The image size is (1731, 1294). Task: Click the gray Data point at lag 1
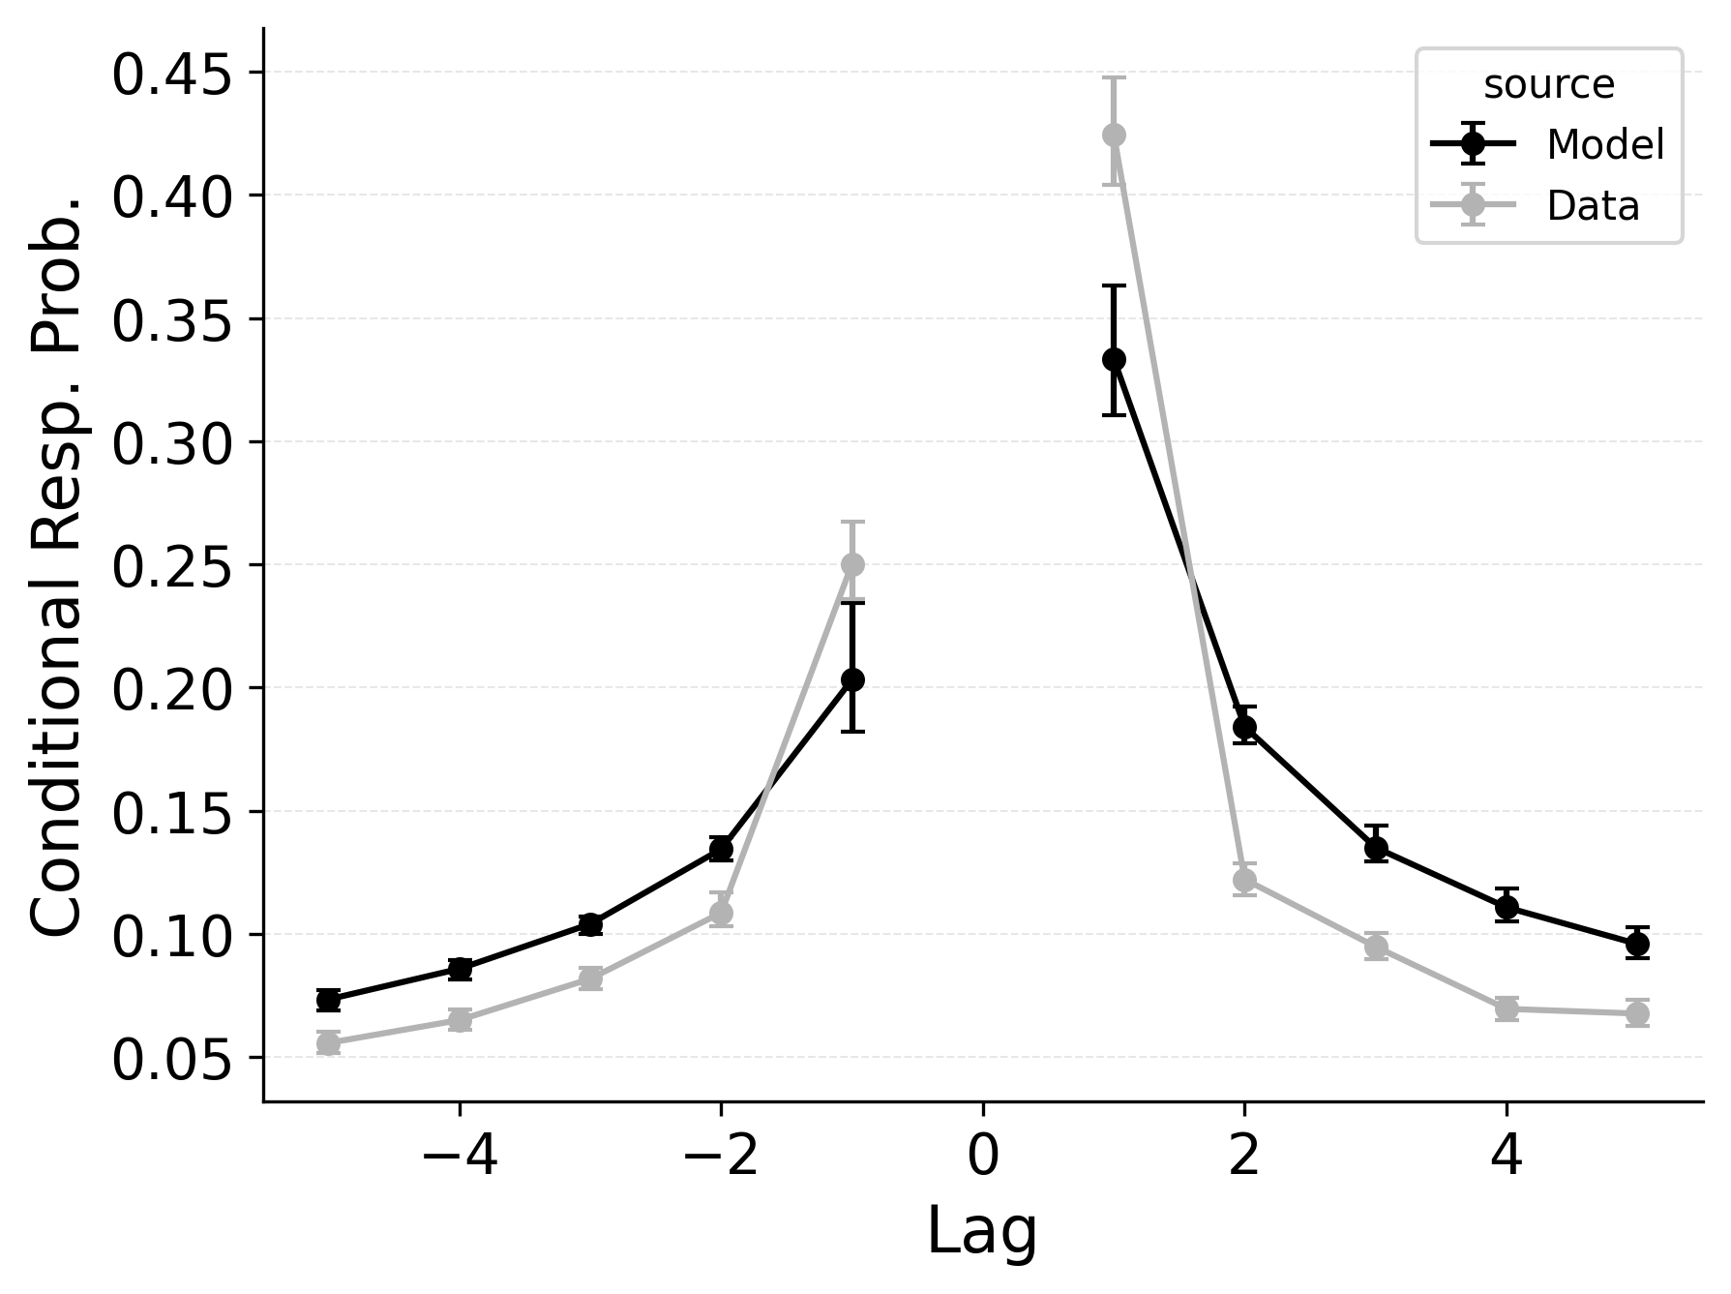pos(1114,135)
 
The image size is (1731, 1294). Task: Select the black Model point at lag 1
pos(1114,359)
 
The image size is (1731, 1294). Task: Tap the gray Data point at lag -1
pos(852,564)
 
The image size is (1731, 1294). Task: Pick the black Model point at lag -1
pos(852,679)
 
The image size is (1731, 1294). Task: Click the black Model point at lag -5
pos(328,999)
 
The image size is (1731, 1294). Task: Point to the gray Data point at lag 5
pos(1637,1013)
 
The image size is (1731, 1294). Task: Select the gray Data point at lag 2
pos(1244,880)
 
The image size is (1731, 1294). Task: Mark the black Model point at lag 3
pos(1376,849)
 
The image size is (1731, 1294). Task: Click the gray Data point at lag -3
pos(590,978)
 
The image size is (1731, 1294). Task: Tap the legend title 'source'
pos(1549,85)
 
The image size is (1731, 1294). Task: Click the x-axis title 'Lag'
pos(982,1232)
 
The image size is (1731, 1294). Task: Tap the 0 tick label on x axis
pos(982,1157)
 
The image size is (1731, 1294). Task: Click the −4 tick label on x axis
pos(460,1157)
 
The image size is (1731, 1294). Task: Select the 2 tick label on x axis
pos(1244,1157)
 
